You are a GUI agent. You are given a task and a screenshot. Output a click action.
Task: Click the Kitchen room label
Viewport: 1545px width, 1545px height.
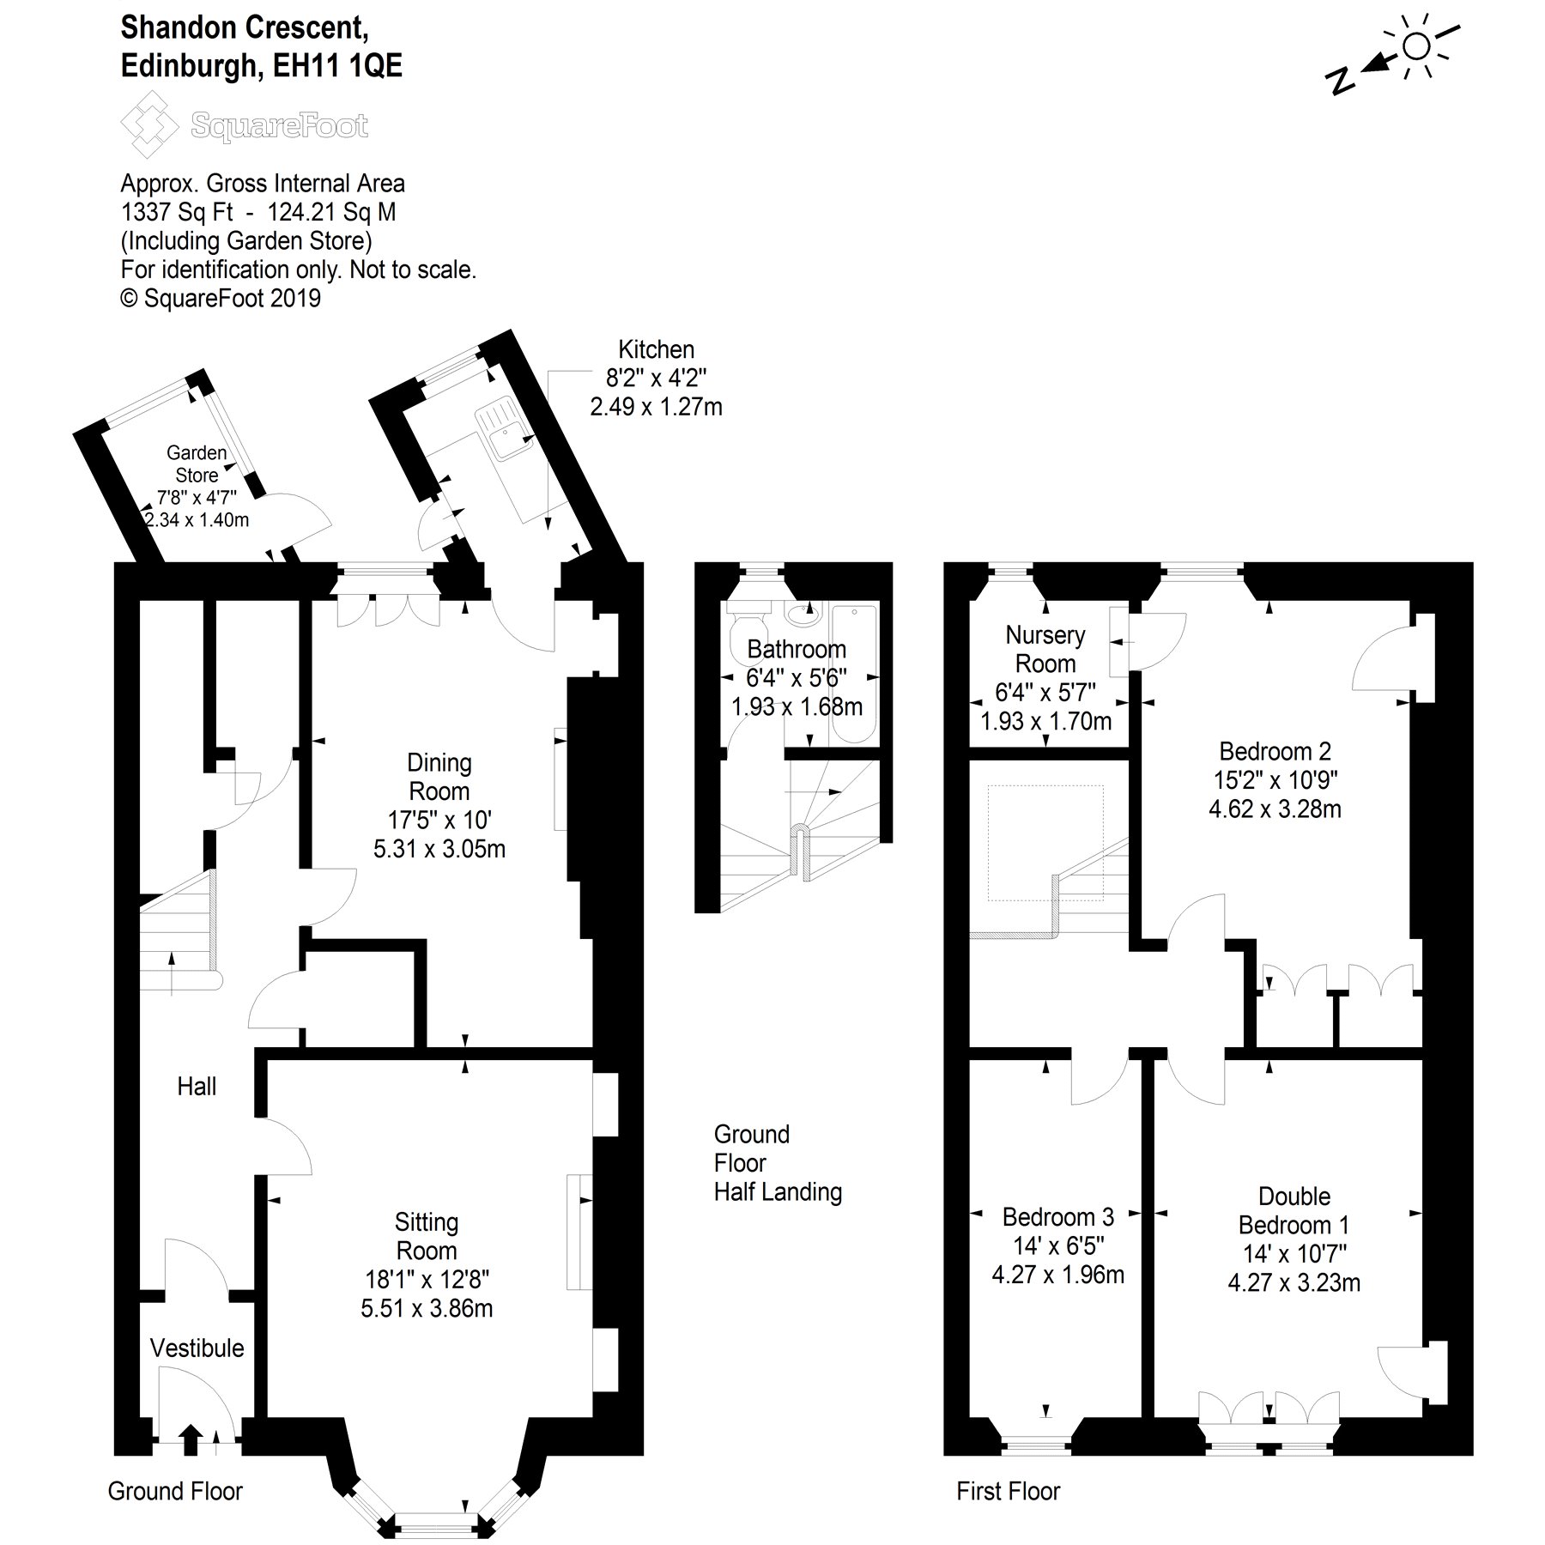pyautogui.click(x=656, y=350)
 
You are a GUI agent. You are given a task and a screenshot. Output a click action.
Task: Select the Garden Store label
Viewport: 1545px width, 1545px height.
pyautogui.click(x=197, y=463)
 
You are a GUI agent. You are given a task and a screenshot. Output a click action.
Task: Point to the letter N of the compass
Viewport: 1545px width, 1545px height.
pyautogui.click(x=1339, y=80)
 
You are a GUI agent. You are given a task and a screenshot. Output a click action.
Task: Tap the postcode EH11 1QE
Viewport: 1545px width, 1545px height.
pyautogui.click(x=337, y=66)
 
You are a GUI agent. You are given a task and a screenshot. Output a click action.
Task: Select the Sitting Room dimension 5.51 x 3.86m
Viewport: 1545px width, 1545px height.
pyautogui.click(x=427, y=1308)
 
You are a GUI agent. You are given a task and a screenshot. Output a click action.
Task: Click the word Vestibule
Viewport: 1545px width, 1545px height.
pyautogui.click(x=197, y=1348)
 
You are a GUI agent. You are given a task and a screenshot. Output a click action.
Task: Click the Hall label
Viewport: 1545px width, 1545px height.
pyautogui.click(x=197, y=1087)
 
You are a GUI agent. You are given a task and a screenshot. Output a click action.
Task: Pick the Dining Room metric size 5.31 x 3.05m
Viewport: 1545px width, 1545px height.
pyautogui.click(x=439, y=849)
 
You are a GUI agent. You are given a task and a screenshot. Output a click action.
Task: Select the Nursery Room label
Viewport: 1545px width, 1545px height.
pyautogui.click(x=1045, y=649)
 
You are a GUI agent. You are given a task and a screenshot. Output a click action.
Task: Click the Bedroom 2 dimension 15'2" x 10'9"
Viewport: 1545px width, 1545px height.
pyautogui.click(x=1275, y=779)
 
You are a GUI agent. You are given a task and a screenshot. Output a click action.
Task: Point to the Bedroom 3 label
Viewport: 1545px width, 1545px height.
pyautogui.click(x=1057, y=1217)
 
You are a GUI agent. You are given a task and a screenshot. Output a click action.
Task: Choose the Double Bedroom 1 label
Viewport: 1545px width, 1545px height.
pyautogui.click(x=1294, y=1210)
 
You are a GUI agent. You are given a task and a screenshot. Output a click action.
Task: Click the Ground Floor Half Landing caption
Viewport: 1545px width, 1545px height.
pyautogui.click(x=778, y=1163)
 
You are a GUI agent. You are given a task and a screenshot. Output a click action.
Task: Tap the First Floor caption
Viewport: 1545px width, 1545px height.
pyautogui.click(x=1008, y=1491)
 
